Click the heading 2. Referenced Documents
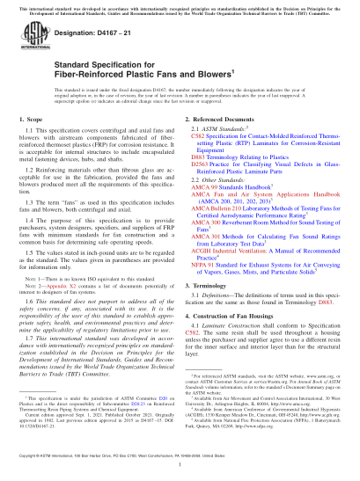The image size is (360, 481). point(220,143)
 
